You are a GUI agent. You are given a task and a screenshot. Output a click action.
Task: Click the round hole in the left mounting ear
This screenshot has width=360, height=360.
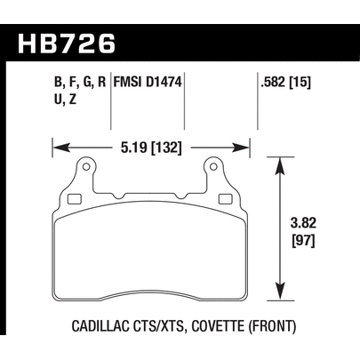(x=87, y=165)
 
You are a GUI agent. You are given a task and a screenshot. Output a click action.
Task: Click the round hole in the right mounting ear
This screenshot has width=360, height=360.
(x=213, y=165)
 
